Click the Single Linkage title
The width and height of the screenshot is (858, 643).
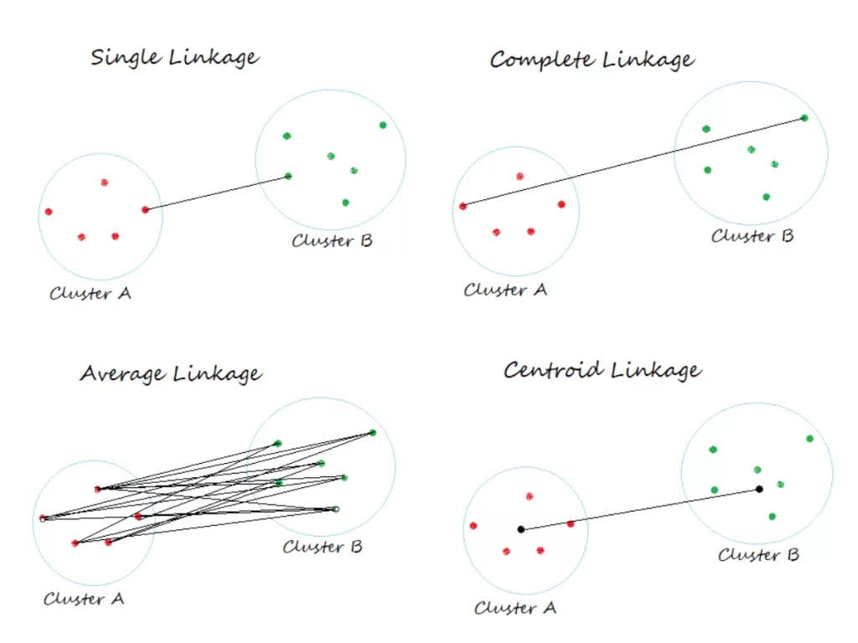(174, 59)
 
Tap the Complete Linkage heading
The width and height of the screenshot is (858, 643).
(592, 60)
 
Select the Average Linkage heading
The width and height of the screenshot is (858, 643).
(171, 373)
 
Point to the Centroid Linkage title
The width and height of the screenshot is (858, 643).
(602, 370)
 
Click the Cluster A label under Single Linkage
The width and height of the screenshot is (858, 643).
(90, 294)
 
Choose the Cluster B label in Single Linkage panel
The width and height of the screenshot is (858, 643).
(332, 241)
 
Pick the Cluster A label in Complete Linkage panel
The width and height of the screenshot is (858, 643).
(505, 291)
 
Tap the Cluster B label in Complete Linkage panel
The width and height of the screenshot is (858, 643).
(752, 236)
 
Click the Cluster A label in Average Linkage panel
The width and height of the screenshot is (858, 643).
(84, 599)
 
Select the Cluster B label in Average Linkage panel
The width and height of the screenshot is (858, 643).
(323, 548)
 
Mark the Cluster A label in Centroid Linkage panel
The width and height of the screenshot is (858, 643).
(515, 609)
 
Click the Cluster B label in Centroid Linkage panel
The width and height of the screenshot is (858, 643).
(758, 555)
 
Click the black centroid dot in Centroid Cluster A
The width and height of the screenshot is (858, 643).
(520, 529)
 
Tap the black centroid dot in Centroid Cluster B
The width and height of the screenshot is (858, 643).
(759, 489)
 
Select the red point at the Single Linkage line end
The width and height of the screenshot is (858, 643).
(145, 209)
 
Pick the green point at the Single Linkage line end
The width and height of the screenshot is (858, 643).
(288, 176)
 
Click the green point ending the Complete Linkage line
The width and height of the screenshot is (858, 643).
(804, 118)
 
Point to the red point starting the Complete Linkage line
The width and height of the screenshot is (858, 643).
(463, 206)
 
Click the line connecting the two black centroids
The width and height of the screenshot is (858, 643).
(639, 509)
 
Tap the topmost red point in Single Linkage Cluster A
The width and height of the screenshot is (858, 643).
(105, 183)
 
